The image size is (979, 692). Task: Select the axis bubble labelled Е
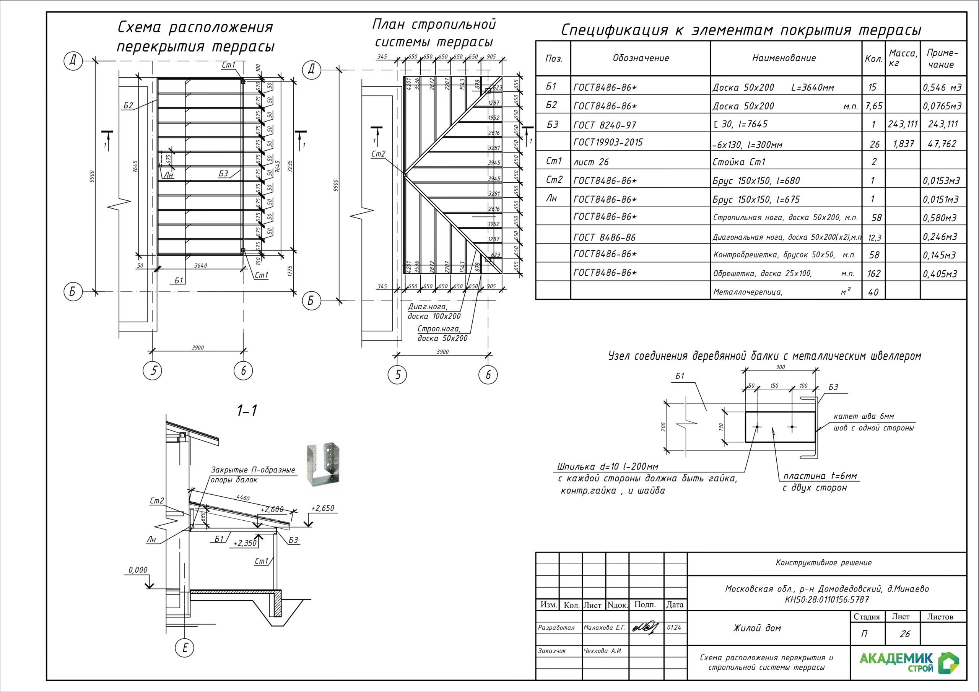(185, 648)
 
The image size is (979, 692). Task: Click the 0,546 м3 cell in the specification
(942, 88)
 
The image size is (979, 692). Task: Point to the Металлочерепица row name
(748, 292)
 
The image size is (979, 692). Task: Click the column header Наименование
(784, 58)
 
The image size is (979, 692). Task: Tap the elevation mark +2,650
(322, 508)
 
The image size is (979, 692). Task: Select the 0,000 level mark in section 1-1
(138, 570)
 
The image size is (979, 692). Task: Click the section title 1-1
(247, 411)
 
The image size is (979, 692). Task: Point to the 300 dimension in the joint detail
(780, 367)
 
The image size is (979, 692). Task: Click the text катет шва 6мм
(864, 416)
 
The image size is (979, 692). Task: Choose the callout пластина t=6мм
(820, 476)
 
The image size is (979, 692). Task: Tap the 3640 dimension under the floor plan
(200, 266)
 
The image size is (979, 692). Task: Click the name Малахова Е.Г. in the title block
(604, 628)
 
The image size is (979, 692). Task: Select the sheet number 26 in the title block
(905, 634)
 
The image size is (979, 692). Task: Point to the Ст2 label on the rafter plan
(378, 154)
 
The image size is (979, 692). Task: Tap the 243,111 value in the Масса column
(903, 125)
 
